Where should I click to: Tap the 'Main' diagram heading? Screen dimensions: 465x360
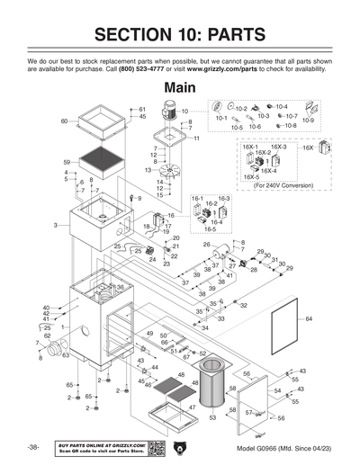tap(179, 88)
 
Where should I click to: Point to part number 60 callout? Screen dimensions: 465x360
tap(64, 121)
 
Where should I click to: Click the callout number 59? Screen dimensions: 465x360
tap(66, 162)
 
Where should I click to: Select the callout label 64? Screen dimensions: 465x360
tap(308, 319)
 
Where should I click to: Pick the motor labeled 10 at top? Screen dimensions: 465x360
tap(168, 112)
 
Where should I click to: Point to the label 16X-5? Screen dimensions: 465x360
tap(250, 177)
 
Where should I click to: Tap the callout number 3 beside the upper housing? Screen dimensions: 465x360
tap(55, 225)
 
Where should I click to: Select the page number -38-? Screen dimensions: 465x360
tap(33, 448)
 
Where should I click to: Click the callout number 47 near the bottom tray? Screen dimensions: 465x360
tap(192, 407)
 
